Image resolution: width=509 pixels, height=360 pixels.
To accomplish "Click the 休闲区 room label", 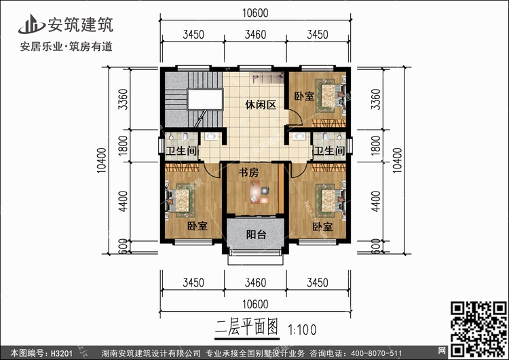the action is (x=261, y=105).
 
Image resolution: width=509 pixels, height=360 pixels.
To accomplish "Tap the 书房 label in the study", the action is (x=248, y=173).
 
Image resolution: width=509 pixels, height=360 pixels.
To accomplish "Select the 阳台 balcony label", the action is (x=256, y=234).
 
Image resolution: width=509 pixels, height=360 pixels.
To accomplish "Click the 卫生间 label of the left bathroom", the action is (x=181, y=151).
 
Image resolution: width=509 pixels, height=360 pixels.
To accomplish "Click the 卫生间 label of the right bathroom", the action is (x=329, y=151).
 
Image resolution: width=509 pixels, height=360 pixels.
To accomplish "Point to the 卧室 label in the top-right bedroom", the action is (x=304, y=96).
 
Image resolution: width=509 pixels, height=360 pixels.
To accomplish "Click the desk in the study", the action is (x=260, y=192).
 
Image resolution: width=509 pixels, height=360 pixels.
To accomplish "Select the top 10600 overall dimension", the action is (x=255, y=13).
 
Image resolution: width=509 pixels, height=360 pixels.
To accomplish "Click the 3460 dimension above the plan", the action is (x=255, y=34).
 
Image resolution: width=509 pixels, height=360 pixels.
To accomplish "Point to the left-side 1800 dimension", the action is (x=123, y=145).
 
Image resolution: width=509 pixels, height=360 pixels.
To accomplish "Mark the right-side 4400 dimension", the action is (x=375, y=202).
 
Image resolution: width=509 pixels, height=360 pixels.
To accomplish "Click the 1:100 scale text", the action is (x=302, y=330).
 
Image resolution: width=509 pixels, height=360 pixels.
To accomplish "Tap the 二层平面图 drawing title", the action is (x=246, y=327).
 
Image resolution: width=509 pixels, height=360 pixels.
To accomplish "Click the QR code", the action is (x=478, y=329).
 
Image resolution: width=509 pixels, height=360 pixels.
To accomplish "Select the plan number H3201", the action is (x=61, y=353).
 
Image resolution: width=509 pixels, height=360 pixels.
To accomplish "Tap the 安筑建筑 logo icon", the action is (x=31, y=24).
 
